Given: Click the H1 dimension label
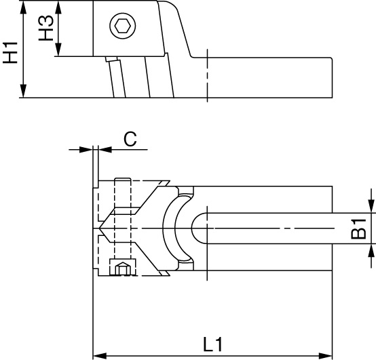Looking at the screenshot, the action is coord(10,53).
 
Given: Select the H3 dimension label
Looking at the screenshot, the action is coord(46,28).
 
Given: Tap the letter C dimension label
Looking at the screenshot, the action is coord(130,139).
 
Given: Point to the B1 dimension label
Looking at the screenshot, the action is coord(358,228).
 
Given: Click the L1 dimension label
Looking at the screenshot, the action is coord(213,344).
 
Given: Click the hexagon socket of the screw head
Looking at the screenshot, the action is coord(123,26).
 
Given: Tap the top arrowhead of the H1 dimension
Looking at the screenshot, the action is coord(23,7).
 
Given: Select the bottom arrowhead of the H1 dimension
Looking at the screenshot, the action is coord(23,91).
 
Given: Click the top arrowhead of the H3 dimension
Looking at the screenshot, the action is coord(58,7).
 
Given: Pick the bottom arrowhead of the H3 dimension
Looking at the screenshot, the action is coord(58,49).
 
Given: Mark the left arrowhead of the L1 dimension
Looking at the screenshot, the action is coord(100,356).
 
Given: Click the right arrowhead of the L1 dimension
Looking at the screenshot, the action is coord(325,356).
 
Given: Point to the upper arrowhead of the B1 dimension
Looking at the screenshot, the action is coord(371,205).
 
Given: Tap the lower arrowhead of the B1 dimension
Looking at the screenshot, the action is coord(371,251).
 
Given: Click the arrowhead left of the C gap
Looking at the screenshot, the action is coord(86,150).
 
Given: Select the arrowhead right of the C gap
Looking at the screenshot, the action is coord(105,150).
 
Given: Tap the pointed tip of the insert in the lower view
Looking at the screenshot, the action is coord(100,228).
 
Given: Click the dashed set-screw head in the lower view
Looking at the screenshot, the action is coord(123,267).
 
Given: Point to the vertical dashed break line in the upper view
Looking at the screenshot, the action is coord(207,75).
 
